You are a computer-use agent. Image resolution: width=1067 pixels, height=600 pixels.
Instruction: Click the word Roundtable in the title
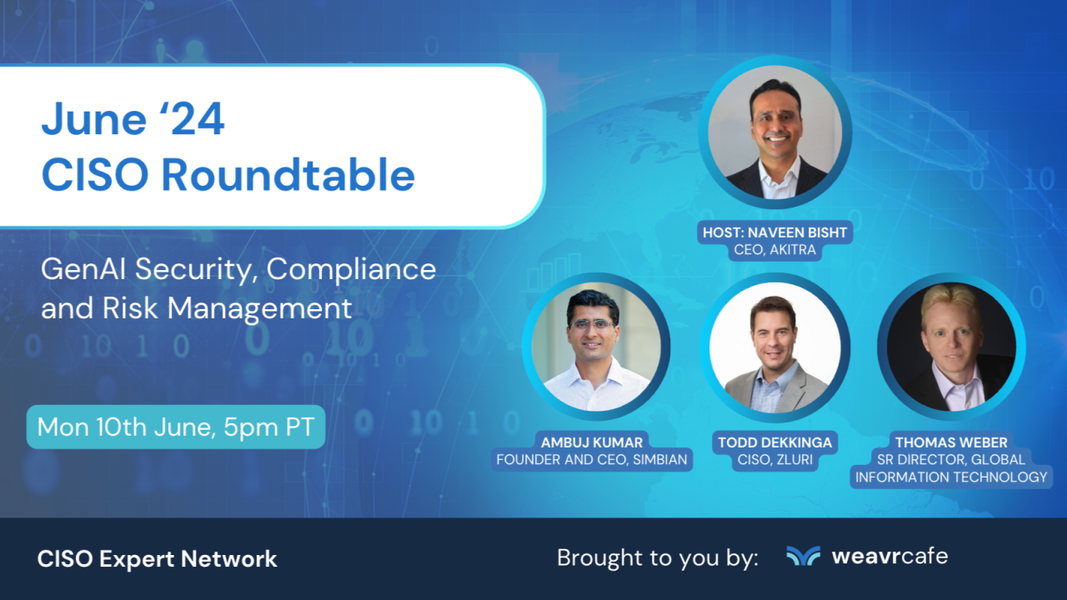[x=288, y=175]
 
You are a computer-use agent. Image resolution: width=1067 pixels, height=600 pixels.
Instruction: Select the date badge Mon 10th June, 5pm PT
[x=176, y=427]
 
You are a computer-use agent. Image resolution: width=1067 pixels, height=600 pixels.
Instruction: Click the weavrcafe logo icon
[x=803, y=556]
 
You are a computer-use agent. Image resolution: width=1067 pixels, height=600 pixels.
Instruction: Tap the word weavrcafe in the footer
[x=889, y=556]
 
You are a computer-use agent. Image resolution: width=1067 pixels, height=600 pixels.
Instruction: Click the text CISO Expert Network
[x=157, y=559]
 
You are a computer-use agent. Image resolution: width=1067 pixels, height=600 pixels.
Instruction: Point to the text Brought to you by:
[x=657, y=557]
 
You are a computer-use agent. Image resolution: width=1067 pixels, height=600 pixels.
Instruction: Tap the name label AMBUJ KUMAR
[x=593, y=442]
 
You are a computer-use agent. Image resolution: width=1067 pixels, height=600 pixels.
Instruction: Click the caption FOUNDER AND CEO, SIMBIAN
[x=593, y=459]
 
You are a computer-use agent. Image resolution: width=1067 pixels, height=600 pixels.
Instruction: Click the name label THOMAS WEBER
[x=951, y=442]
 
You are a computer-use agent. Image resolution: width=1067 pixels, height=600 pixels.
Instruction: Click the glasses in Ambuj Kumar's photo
[x=593, y=324]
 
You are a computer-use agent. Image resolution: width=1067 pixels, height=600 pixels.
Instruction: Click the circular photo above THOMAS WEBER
[x=951, y=347]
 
